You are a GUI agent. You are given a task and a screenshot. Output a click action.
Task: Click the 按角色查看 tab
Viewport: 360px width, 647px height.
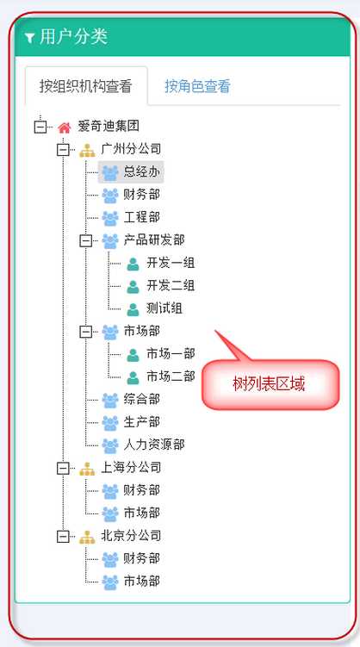click(x=197, y=86)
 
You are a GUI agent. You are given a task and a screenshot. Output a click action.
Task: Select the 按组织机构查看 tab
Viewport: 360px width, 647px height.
click(x=86, y=86)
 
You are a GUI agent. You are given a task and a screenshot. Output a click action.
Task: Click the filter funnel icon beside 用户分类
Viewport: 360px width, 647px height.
click(x=29, y=39)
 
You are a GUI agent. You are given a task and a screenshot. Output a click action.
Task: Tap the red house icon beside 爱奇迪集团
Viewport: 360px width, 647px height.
click(x=64, y=128)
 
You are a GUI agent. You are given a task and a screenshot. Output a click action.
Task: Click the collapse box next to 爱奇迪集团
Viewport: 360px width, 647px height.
click(x=40, y=127)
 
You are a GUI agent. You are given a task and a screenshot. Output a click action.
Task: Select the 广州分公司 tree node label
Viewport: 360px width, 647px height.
click(x=131, y=149)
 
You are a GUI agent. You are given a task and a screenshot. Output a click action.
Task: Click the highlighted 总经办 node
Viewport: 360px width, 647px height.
click(x=131, y=171)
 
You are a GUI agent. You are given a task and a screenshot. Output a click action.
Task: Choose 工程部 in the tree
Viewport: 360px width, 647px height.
click(x=141, y=217)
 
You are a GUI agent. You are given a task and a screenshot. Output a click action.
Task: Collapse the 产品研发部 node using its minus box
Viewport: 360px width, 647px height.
click(x=86, y=240)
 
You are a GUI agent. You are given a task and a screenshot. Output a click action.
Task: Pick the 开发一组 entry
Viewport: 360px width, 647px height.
click(x=171, y=263)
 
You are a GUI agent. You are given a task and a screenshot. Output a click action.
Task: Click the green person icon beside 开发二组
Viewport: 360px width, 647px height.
click(x=133, y=286)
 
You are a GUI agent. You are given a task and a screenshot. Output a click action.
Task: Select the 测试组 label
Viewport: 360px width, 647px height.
click(x=164, y=308)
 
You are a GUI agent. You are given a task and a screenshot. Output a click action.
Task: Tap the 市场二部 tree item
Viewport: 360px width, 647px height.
click(x=171, y=376)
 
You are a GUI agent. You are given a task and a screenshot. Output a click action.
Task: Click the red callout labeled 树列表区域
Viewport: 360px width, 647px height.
click(x=270, y=384)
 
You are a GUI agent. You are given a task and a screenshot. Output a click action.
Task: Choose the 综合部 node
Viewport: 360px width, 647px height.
click(x=141, y=399)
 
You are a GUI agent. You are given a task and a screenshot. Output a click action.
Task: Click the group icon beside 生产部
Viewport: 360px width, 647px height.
click(x=110, y=422)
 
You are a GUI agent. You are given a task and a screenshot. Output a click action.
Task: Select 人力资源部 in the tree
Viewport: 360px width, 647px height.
click(x=154, y=445)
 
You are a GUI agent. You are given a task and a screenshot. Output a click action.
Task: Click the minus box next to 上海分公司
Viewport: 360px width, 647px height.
click(x=63, y=468)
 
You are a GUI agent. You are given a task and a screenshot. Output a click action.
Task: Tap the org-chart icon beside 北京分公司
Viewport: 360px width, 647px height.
click(x=87, y=537)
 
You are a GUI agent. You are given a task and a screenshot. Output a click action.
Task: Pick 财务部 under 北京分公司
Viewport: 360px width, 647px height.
click(x=141, y=558)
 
